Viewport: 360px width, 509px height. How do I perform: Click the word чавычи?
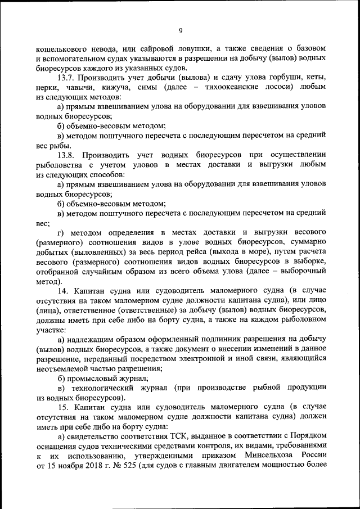82,87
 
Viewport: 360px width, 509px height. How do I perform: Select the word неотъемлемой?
64,368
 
